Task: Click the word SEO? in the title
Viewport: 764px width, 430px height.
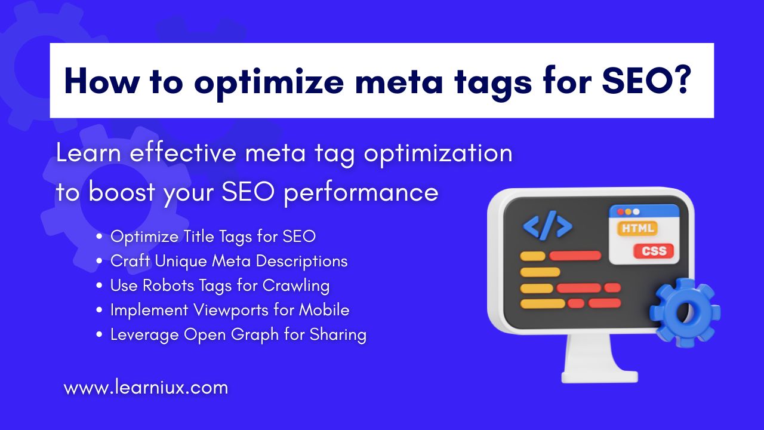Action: point(646,81)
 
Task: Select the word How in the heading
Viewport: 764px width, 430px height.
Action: point(101,81)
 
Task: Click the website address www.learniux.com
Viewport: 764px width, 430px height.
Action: point(146,388)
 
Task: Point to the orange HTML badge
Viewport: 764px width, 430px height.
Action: point(637,228)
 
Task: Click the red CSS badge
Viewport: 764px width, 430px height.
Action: point(654,251)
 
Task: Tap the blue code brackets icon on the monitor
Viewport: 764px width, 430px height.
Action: point(547,225)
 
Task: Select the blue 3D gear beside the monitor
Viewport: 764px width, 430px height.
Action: point(685,312)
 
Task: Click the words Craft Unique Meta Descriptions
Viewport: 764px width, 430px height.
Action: point(229,262)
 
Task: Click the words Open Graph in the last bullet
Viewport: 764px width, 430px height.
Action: point(231,335)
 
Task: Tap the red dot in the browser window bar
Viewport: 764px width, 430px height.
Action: point(620,212)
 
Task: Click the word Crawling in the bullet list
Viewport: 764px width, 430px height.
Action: point(296,286)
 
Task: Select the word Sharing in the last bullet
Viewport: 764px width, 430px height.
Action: point(338,335)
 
